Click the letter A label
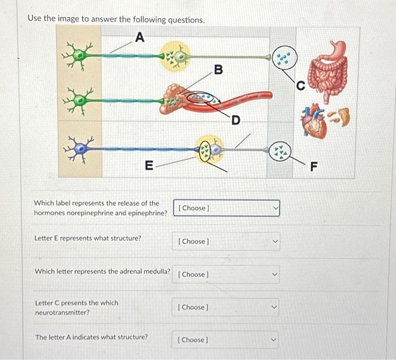pyautogui.click(x=140, y=37)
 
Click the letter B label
pyautogui.click(x=218, y=70)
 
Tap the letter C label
pyautogui.click(x=300, y=86)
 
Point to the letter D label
pyautogui.click(x=236, y=120)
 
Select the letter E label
pyautogui.click(x=149, y=166)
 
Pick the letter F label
pyautogui.click(x=313, y=167)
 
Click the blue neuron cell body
pyautogui.click(x=80, y=149)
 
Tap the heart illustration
pyautogui.click(x=313, y=120)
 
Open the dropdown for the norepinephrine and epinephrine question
pyautogui.click(x=226, y=208)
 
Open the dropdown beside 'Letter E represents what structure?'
pyautogui.click(x=226, y=241)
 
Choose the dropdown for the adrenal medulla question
pyautogui.click(x=226, y=275)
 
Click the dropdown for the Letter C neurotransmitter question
pyautogui.click(x=226, y=307)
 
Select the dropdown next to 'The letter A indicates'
pyautogui.click(x=225, y=340)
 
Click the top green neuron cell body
pyautogui.click(x=80, y=55)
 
